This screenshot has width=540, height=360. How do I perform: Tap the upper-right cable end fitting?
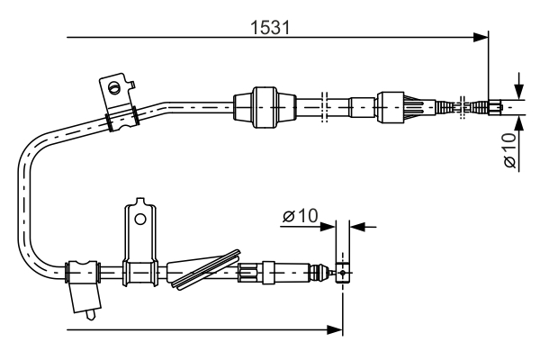494,108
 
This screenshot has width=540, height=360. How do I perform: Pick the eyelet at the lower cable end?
342,272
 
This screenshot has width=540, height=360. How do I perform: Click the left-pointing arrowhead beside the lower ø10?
355,226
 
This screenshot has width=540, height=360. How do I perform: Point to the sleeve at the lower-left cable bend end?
81,269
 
